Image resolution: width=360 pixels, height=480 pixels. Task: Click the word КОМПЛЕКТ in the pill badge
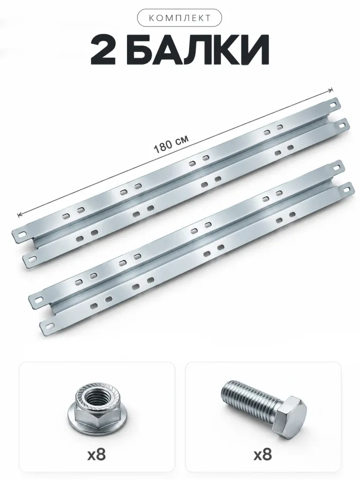click(179, 18)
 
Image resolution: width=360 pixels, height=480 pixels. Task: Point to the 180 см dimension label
click(171, 144)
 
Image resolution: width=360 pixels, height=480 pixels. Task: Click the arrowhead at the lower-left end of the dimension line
click(20, 215)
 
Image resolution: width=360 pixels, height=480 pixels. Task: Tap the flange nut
click(94, 409)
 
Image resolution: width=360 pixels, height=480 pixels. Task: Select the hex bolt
click(264, 405)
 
